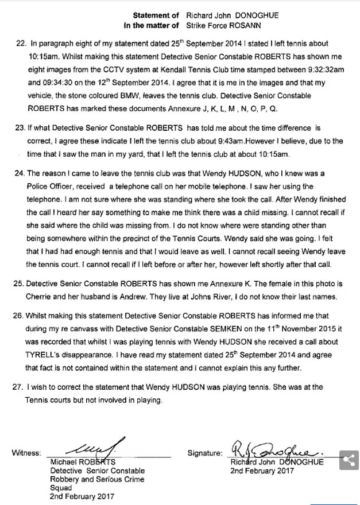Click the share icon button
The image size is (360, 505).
(348, 461)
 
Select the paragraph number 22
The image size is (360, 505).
(21, 43)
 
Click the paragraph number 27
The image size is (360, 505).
(21, 388)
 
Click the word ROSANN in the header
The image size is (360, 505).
(261, 26)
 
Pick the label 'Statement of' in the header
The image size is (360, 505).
(152, 15)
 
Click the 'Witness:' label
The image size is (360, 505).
(26, 453)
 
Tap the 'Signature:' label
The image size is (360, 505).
(204, 453)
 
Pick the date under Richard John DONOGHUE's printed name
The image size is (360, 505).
(262, 471)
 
